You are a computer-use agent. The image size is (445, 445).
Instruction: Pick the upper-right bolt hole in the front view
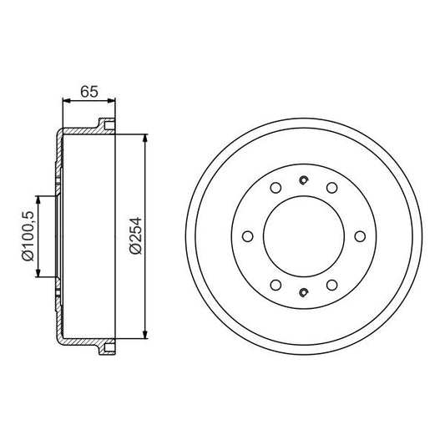[331, 187]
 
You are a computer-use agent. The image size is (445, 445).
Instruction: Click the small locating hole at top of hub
[305, 180]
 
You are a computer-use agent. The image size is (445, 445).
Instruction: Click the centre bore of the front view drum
[304, 236]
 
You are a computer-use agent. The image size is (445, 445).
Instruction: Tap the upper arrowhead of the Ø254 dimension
[147, 138]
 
